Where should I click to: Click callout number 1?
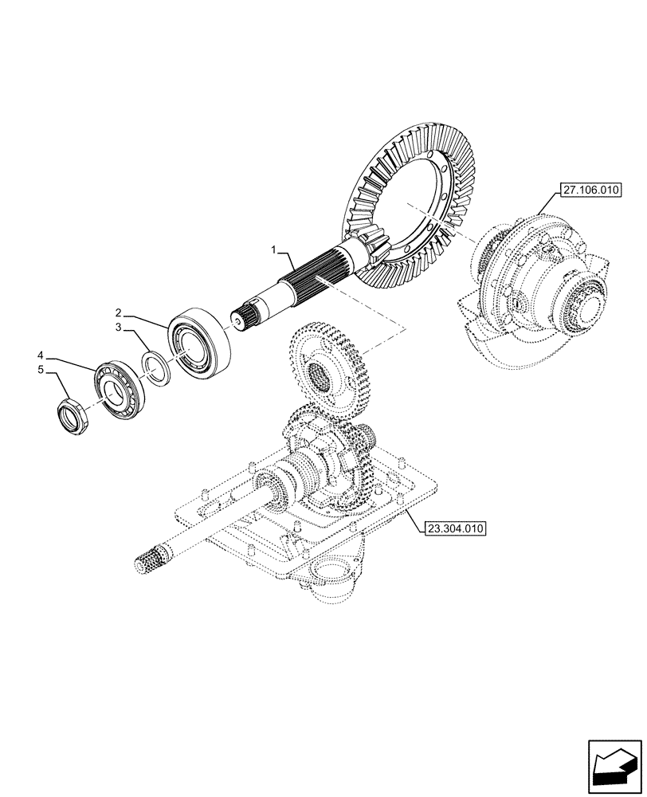(x=273, y=250)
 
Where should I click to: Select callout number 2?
(x=116, y=312)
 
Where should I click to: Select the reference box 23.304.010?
(x=456, y=528)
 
